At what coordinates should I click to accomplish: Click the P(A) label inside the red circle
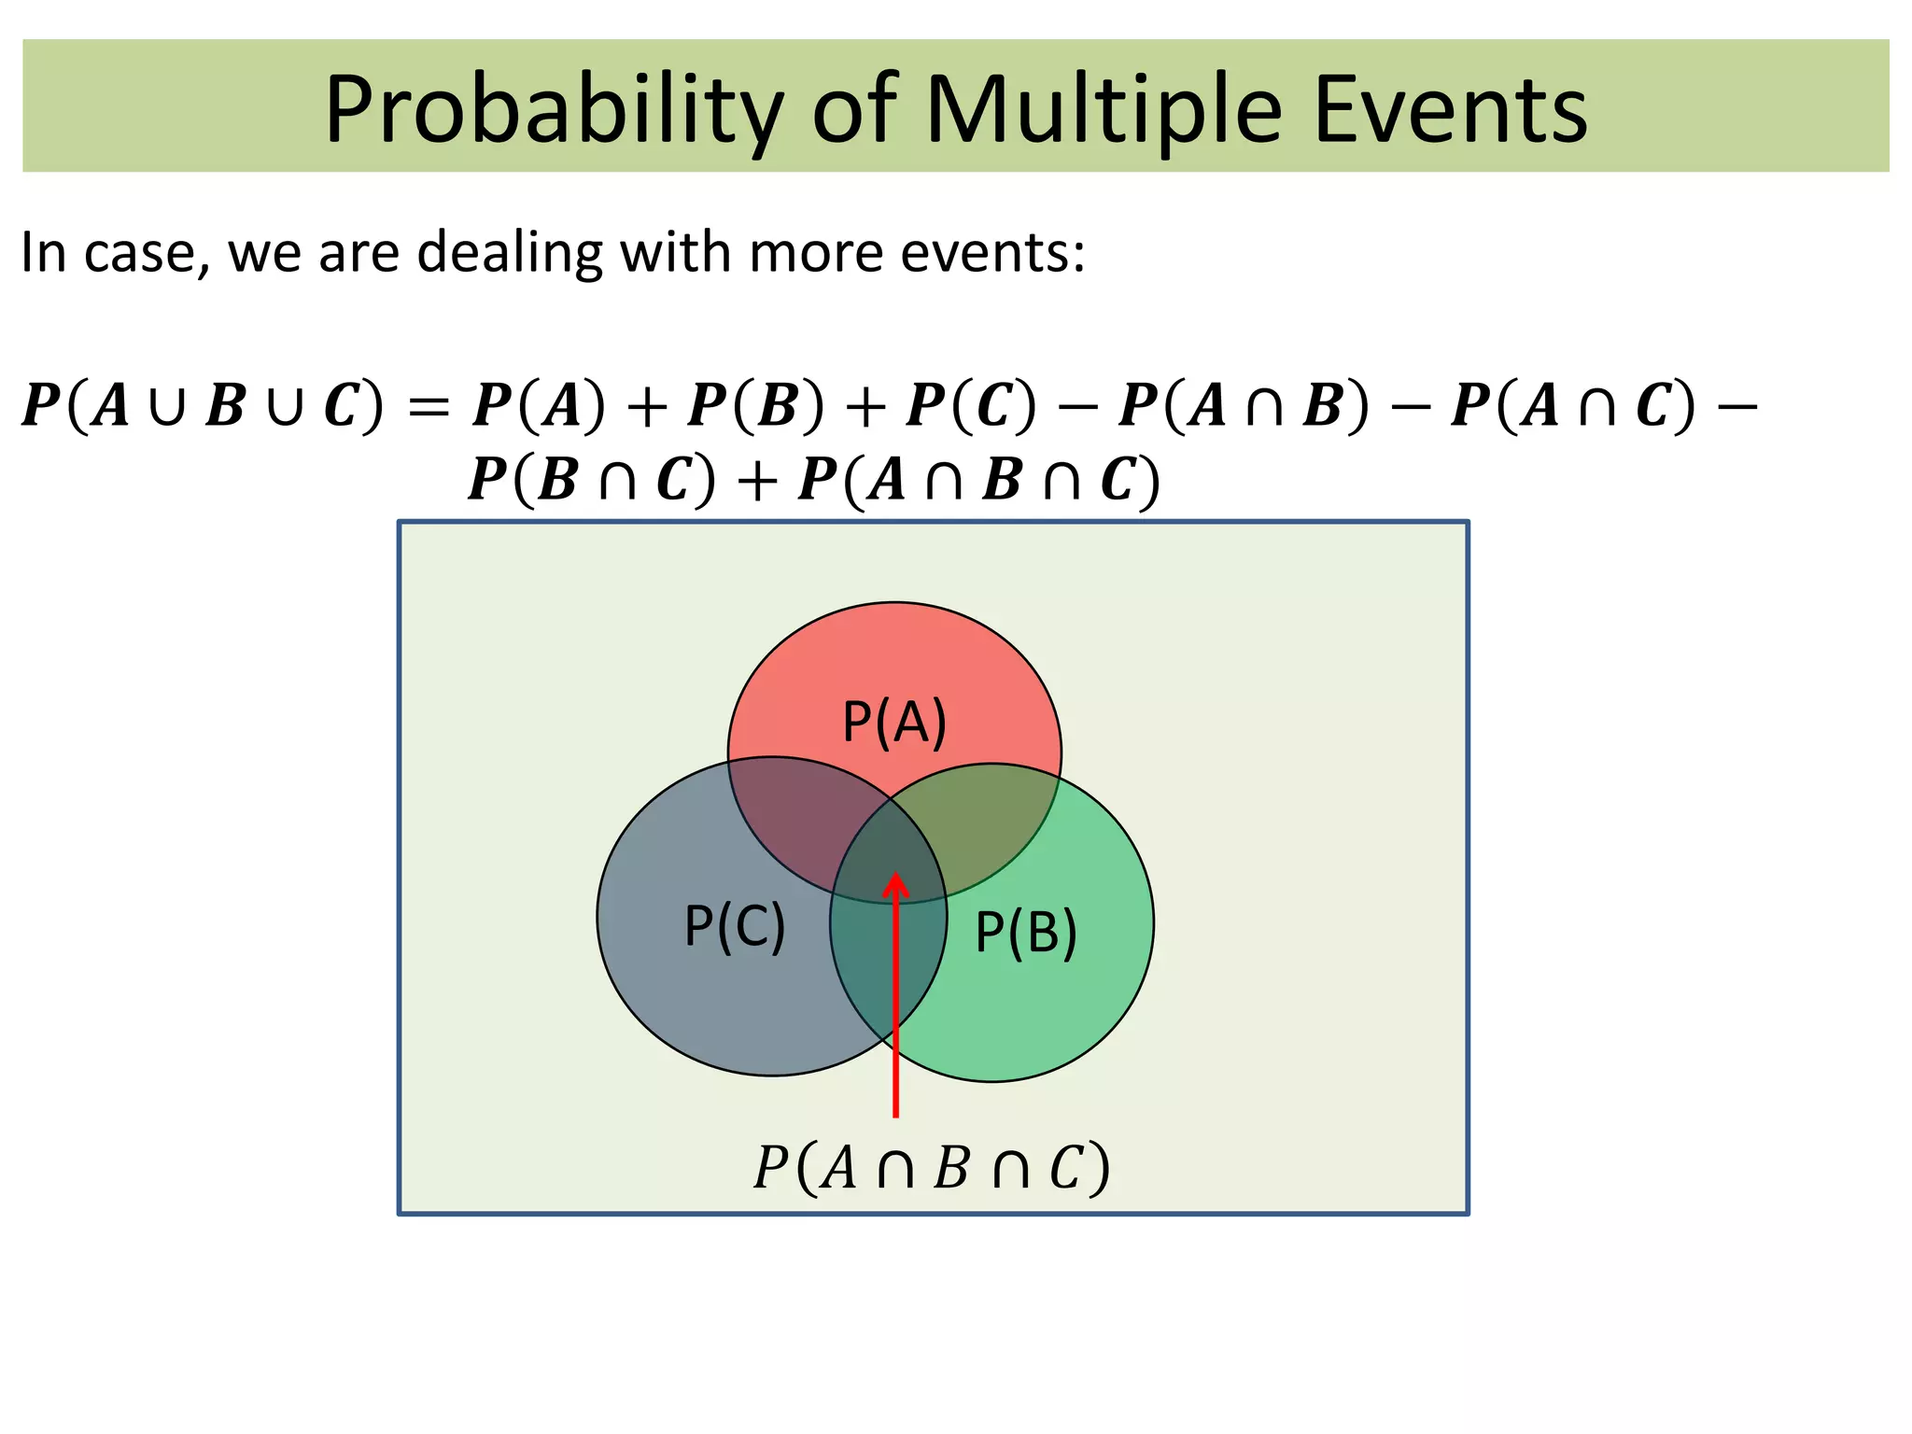tap(894, 722)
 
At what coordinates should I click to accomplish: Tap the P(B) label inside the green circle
tap(1026, 932)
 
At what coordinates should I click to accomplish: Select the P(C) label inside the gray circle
tap(735, 926)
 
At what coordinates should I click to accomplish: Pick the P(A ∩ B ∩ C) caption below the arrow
tap(932, 1167)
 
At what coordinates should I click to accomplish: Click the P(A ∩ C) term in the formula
tap(1574, 406)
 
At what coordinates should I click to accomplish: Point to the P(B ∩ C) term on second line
tap(592, 481)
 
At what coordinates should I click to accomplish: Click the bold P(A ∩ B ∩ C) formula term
tap(979, 481)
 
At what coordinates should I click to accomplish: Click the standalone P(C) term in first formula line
tap(972, 406)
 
